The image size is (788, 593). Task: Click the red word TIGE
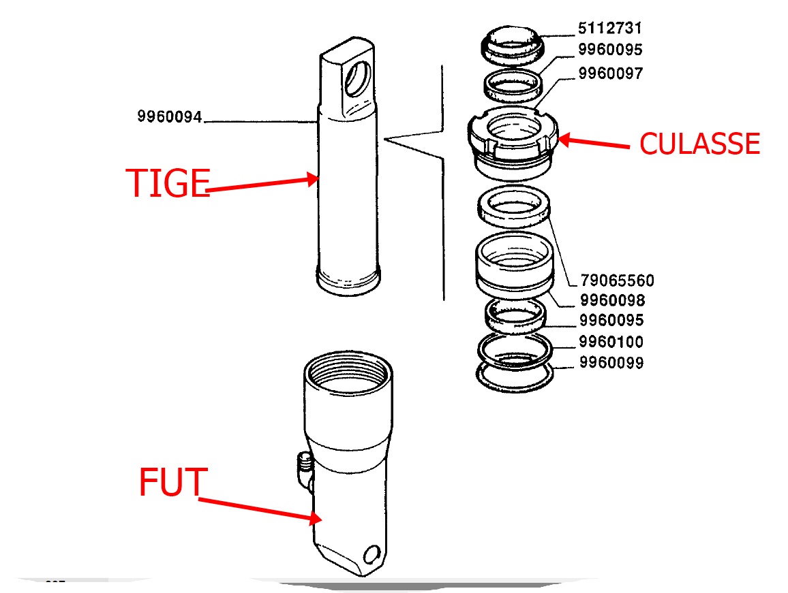point(167,183)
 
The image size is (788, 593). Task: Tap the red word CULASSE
point(699,144)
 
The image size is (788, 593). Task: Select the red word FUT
point(170,482)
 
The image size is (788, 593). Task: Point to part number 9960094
point(170,117)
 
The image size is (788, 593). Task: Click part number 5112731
point(610,29)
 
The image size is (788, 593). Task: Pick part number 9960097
point(610,73)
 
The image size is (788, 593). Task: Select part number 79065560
point(617,280)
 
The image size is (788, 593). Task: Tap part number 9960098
point(611,300)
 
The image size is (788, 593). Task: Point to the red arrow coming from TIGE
point(262,185)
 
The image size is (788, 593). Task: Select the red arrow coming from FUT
point(259,510)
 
